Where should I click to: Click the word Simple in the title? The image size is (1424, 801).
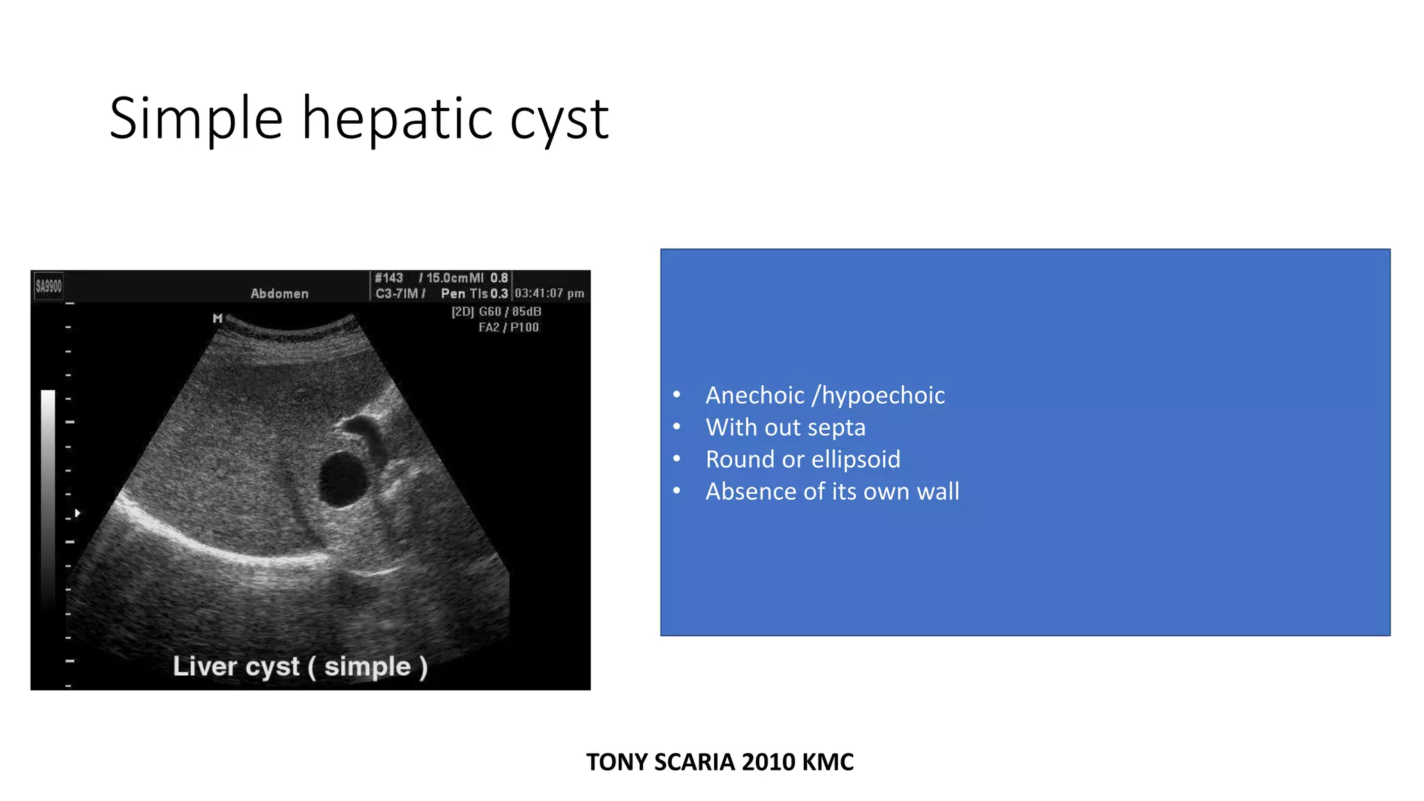tap(196, 119)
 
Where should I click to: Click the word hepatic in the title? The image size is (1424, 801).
tap(397, 119)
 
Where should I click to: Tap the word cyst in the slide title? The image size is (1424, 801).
tap(559, 119)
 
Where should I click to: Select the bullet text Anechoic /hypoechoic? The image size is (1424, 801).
tap(825, 395)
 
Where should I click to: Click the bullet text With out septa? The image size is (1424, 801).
tap(785, 427)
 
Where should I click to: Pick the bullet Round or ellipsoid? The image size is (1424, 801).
tap(802, 459)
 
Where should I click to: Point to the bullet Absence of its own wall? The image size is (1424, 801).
tap(832, 491)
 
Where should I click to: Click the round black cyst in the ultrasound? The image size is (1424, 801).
tap(343, 478)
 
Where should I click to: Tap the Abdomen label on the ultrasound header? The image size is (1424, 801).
tap(279, 293)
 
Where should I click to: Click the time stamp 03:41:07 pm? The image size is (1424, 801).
tap(549, 293)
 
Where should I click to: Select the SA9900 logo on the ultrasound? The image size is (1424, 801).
tap(49, 286)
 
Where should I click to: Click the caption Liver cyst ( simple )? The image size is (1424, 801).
tap(300, 666)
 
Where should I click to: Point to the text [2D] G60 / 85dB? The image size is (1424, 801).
tap(496, 311)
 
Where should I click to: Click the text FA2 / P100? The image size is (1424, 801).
tap(508, 327)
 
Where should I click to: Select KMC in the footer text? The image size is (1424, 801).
tap(827, 762)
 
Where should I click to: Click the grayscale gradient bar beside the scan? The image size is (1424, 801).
tap(48, 494)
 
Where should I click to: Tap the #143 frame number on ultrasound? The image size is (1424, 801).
tap(389, 278)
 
